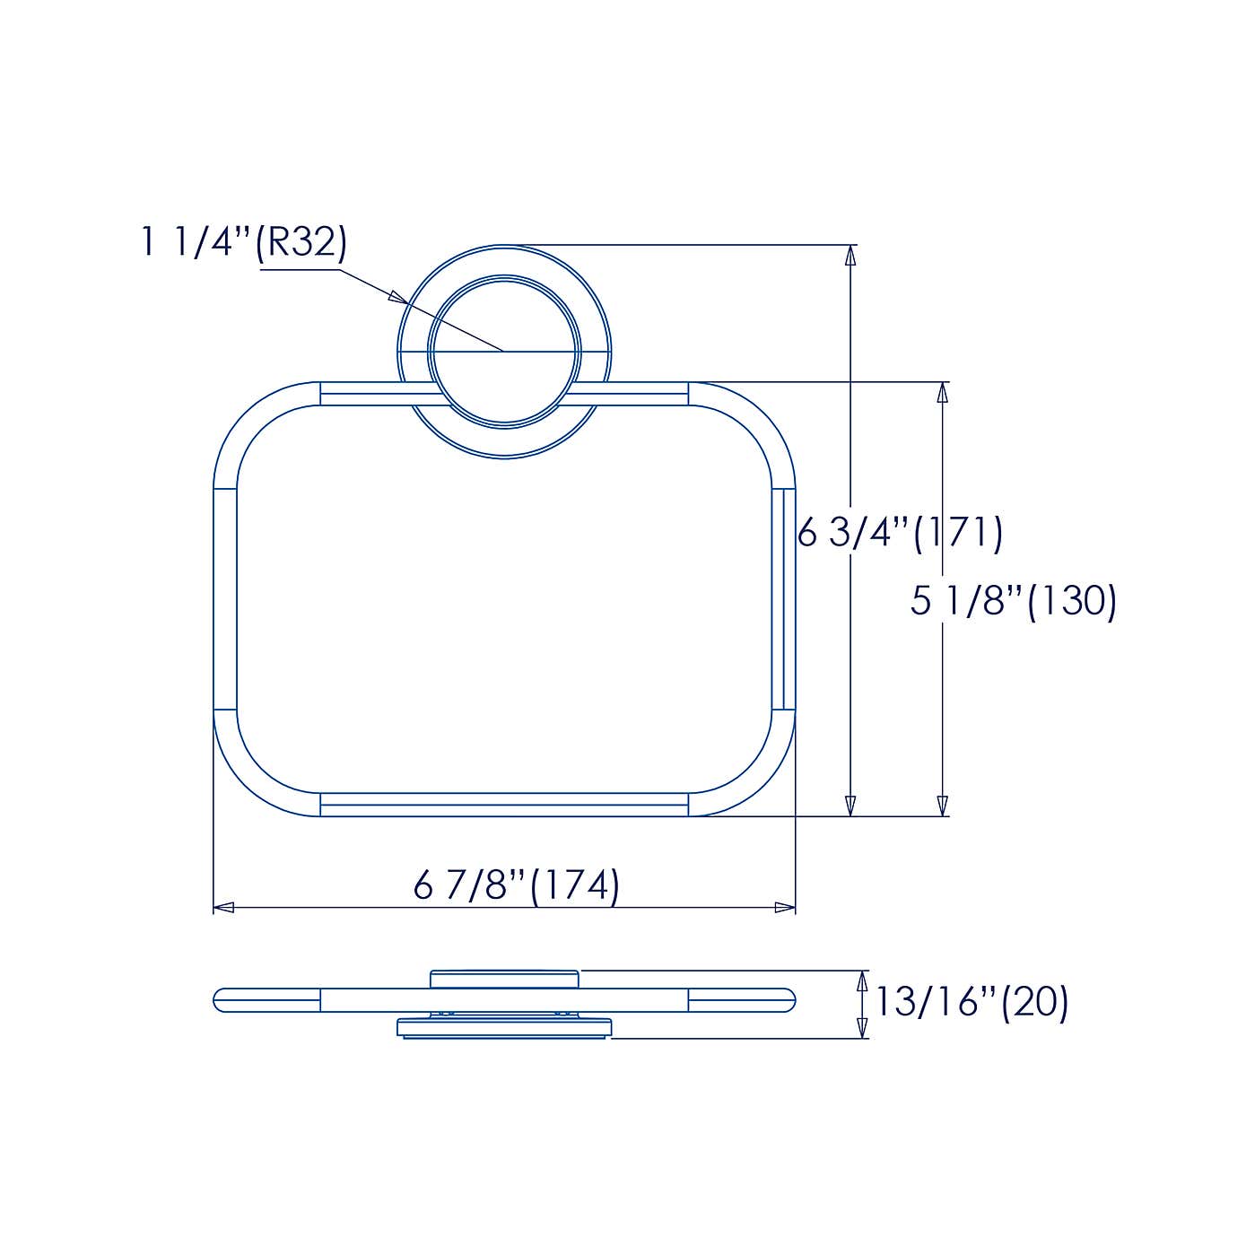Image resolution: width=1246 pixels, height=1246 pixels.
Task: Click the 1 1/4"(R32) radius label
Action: point(243,242)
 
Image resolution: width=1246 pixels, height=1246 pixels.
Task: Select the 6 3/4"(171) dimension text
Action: point(900,533)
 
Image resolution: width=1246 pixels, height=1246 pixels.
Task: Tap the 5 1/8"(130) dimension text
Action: point(1013,600)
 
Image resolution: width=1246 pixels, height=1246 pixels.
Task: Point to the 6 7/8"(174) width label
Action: point(516,885)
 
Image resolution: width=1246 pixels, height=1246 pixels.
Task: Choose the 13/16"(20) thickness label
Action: point(972,1002)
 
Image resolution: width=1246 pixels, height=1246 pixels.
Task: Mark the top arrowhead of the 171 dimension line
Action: point(850,255)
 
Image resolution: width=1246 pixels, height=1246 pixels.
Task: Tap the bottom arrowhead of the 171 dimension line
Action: point(850,806)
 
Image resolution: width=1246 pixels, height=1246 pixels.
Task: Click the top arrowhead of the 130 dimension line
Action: point(942,392)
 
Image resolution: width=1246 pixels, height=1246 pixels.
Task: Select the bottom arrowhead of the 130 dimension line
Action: point(942,806)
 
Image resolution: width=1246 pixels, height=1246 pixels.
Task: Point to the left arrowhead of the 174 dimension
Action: point(224,907)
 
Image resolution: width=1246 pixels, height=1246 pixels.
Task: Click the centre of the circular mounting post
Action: point(504,350)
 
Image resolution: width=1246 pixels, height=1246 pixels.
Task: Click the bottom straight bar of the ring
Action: point(504,805)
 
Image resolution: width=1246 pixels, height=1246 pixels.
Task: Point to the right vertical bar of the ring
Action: point(783,599)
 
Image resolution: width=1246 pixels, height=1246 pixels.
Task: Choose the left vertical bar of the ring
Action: point(224,599)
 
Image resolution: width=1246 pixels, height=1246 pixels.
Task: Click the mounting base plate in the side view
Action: point(504,1028)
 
